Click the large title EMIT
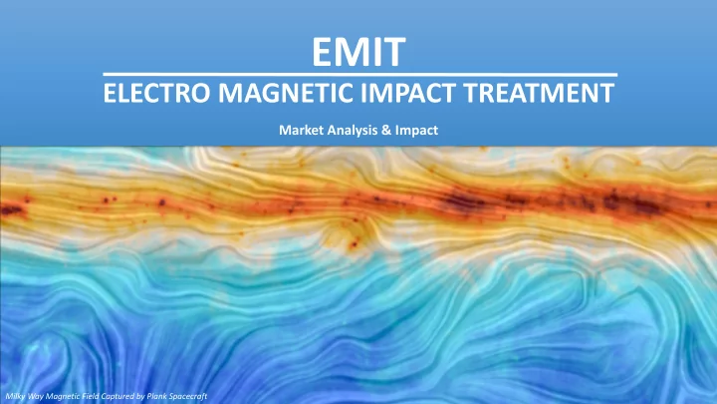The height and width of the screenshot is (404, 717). (x=358, y=52)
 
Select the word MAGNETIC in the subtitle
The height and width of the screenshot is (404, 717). (x=286, y=93)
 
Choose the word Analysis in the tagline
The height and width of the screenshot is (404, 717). (x=351, y=131)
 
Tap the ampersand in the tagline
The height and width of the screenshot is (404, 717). (x=386, y=130)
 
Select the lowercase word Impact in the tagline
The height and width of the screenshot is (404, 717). (x=416, y=131)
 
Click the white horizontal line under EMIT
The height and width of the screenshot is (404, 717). (x=360, y=74)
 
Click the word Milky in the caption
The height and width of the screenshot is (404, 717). (x=15, y=396)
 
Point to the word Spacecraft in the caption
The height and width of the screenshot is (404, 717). (x=187, y=396)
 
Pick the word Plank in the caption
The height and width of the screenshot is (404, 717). (x=156, y=396)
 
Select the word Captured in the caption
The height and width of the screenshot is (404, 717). (x=118, y=396)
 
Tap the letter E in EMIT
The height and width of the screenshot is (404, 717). (x=323, y=52)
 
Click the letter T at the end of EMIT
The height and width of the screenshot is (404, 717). (x=394, y=52)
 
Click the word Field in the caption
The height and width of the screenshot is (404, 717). (x=91, y=396)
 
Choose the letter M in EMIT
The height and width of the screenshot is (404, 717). (x=354, y=52)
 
